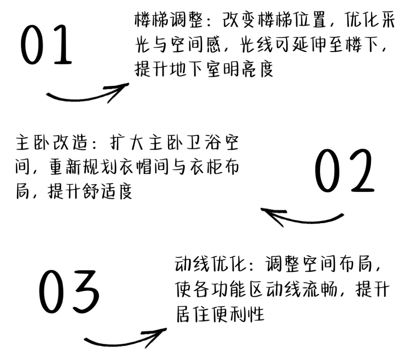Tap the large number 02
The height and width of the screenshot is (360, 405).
pyautogui.click(x=344, y=171)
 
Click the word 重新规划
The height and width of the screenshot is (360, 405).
pyautogui.click(x=83, y=167)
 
